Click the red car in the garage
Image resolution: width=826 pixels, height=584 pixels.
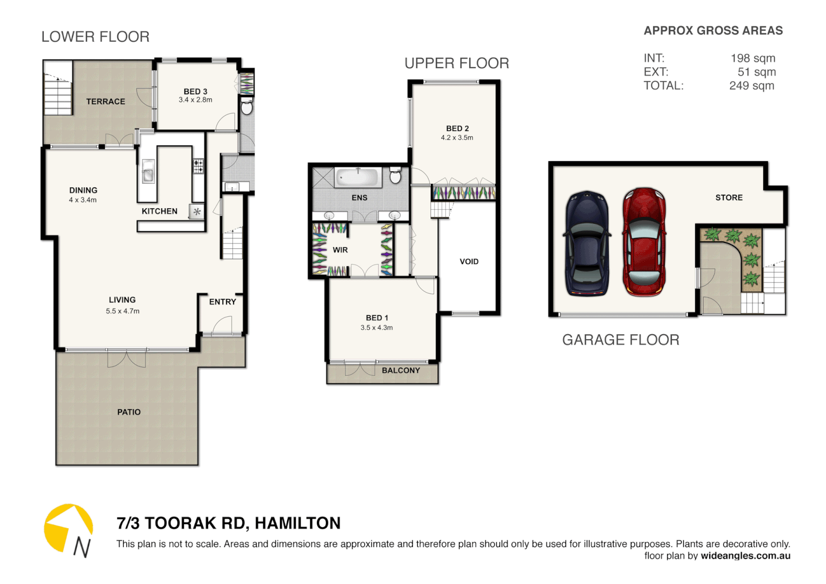(x=643, y=242)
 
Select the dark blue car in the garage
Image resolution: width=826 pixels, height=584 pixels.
(x=587, y=243)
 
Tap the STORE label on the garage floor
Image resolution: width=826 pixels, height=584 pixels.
(x=729, y=198)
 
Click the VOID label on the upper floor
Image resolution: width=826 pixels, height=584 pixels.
(x=469, y=262)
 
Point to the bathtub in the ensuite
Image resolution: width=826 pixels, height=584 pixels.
(x=358, y=177)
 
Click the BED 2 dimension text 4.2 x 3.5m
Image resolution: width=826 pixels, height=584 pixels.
(x=457, y=138)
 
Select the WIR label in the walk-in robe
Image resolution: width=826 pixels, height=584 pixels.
(x=340, y=250)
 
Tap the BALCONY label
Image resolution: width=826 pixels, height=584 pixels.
(x=401, y=370)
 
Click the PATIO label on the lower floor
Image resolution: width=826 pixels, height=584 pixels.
(x=129, y=412)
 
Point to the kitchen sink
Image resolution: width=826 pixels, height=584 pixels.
(x=148, y=171)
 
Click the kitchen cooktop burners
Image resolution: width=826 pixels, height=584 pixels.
(x=198, y=166)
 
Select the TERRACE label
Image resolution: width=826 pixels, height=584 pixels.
(x=105, y=102)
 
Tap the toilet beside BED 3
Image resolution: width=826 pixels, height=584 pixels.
(x=247, y=107)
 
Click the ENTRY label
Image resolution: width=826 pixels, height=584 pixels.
(x=222, y=302)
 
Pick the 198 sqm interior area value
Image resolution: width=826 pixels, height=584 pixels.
(x=752, y=58)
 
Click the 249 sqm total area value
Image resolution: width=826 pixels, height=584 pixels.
(x=751, y=86)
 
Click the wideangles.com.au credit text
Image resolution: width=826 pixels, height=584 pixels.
(x=745, y=556)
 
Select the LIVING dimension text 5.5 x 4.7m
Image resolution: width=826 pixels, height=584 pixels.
(x=123, y=311)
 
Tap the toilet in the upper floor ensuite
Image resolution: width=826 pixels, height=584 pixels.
(x=395, y=176)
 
